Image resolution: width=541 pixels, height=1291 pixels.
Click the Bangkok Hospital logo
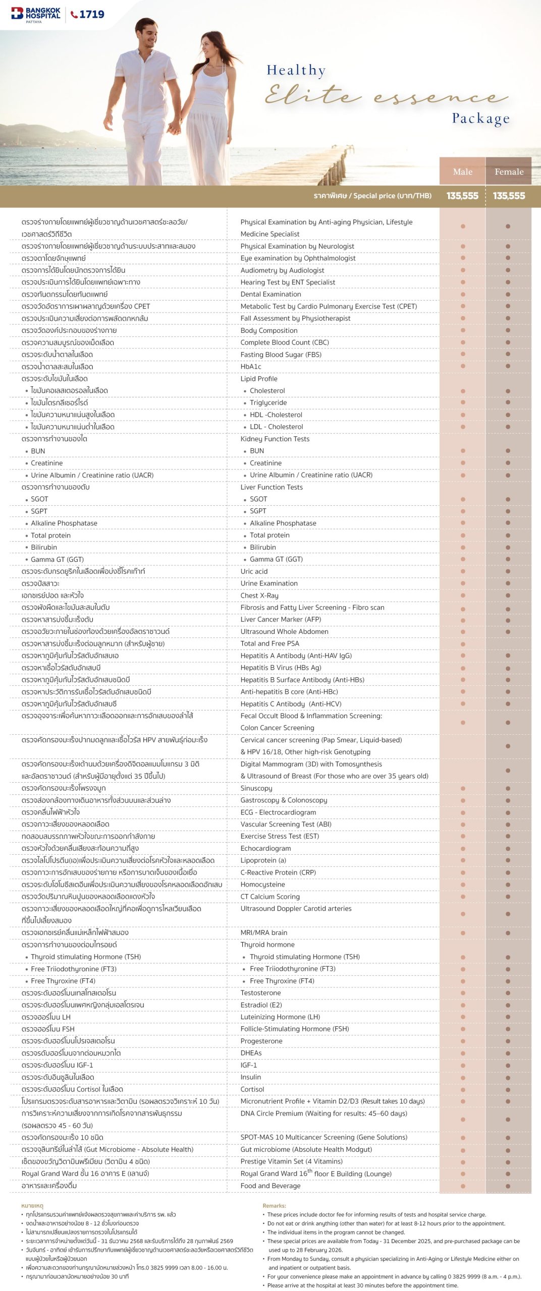pos(36,14)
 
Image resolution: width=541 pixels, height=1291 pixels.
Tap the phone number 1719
pos(88,14)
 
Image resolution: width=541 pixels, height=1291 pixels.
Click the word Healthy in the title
pos(296,70)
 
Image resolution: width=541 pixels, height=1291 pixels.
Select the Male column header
pos(462,171)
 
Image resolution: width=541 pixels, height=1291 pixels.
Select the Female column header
pos(509,171)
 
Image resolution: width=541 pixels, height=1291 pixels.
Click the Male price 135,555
pos(462,196)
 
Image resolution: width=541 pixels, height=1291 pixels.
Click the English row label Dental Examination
pos(270,294)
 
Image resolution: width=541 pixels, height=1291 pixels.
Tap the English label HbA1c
pos(251,367)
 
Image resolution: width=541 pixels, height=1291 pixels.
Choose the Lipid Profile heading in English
pos(259,379)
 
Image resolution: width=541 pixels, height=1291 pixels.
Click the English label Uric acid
pos(254,571)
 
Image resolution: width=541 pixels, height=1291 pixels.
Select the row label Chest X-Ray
pos(259,596)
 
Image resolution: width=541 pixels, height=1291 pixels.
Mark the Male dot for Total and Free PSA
pos(463,644)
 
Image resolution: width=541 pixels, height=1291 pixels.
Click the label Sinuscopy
pos(256,788)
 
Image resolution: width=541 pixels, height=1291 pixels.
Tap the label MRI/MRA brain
pos(264,932)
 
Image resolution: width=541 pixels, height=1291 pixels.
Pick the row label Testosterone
pos(260,993)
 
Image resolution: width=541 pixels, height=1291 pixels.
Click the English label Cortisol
pos(252,1089)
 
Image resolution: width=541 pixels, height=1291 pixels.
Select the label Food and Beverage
pos(270,1186)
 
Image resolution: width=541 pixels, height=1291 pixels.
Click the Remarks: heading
pos(274,1206)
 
